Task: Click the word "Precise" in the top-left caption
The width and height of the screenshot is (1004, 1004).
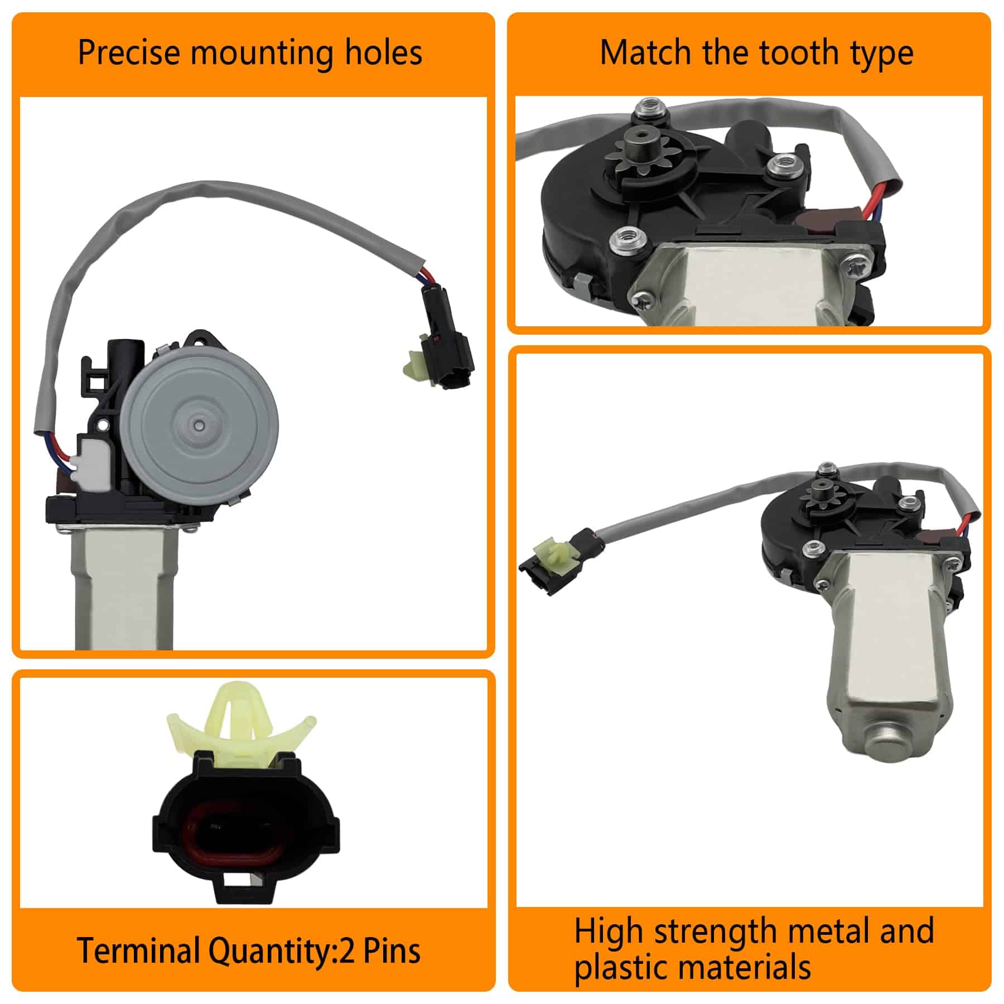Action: coord(129,53)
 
